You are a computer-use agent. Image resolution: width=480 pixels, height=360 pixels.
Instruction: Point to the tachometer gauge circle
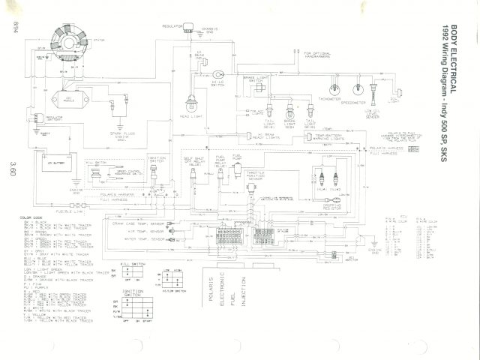point(330,85)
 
